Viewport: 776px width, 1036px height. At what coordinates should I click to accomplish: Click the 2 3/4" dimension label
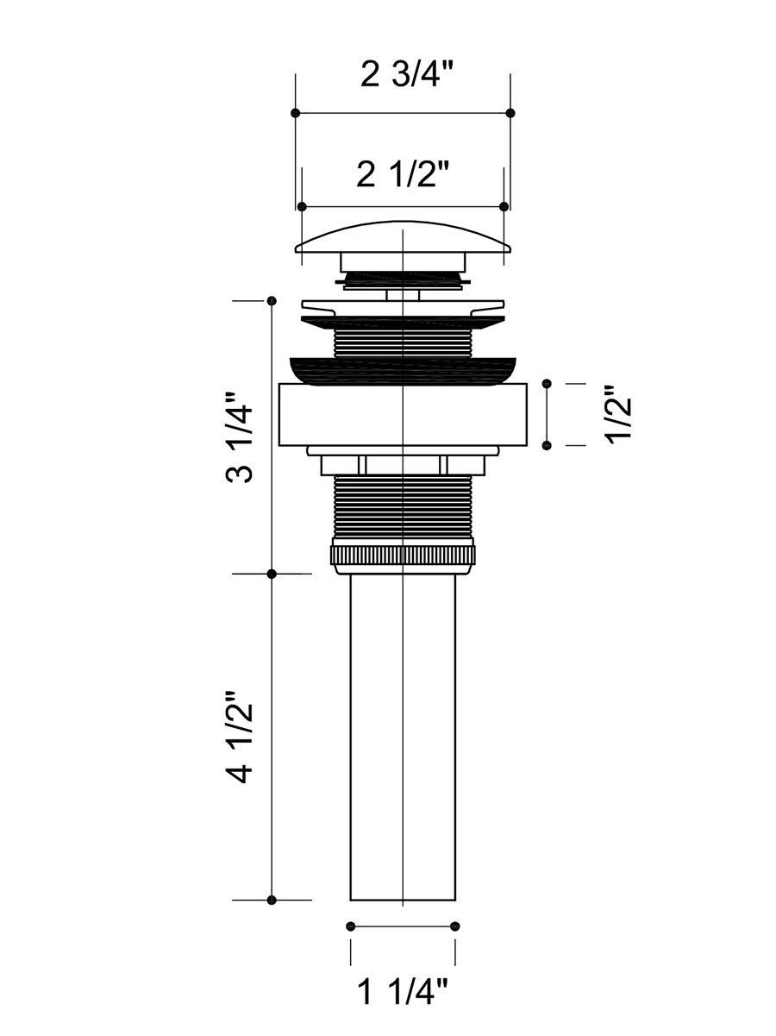[x=407, y=74]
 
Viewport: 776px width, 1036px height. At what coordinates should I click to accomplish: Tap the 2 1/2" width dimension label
[x=403, y=174]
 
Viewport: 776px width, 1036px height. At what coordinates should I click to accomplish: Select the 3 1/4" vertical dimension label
[x=239, y=436]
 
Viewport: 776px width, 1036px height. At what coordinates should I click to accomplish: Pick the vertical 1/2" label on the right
[x=618, y=414]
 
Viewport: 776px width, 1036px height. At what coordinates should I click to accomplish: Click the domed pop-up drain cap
[x=403, y=237]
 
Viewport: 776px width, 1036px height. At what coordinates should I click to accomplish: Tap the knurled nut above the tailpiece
[x=403, y=556]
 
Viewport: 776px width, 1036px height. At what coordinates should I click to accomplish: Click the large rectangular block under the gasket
[x=403, y=415]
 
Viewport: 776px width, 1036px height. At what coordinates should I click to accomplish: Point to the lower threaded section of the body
[x=403, y=506]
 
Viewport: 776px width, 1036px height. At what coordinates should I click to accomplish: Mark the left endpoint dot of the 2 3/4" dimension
[x=295, y=113]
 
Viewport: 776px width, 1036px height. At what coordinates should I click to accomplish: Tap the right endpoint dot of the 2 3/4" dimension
[x=510, y=113]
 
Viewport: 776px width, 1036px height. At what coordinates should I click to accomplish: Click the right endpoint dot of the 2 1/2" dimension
[x=504, y=207]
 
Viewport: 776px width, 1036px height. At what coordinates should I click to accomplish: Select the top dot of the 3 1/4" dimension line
[x=272, y=301]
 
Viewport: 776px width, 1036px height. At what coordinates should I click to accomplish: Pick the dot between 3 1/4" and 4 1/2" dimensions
[x=272, y=574]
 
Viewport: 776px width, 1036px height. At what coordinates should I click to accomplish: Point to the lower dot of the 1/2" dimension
[x=548, y=446]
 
